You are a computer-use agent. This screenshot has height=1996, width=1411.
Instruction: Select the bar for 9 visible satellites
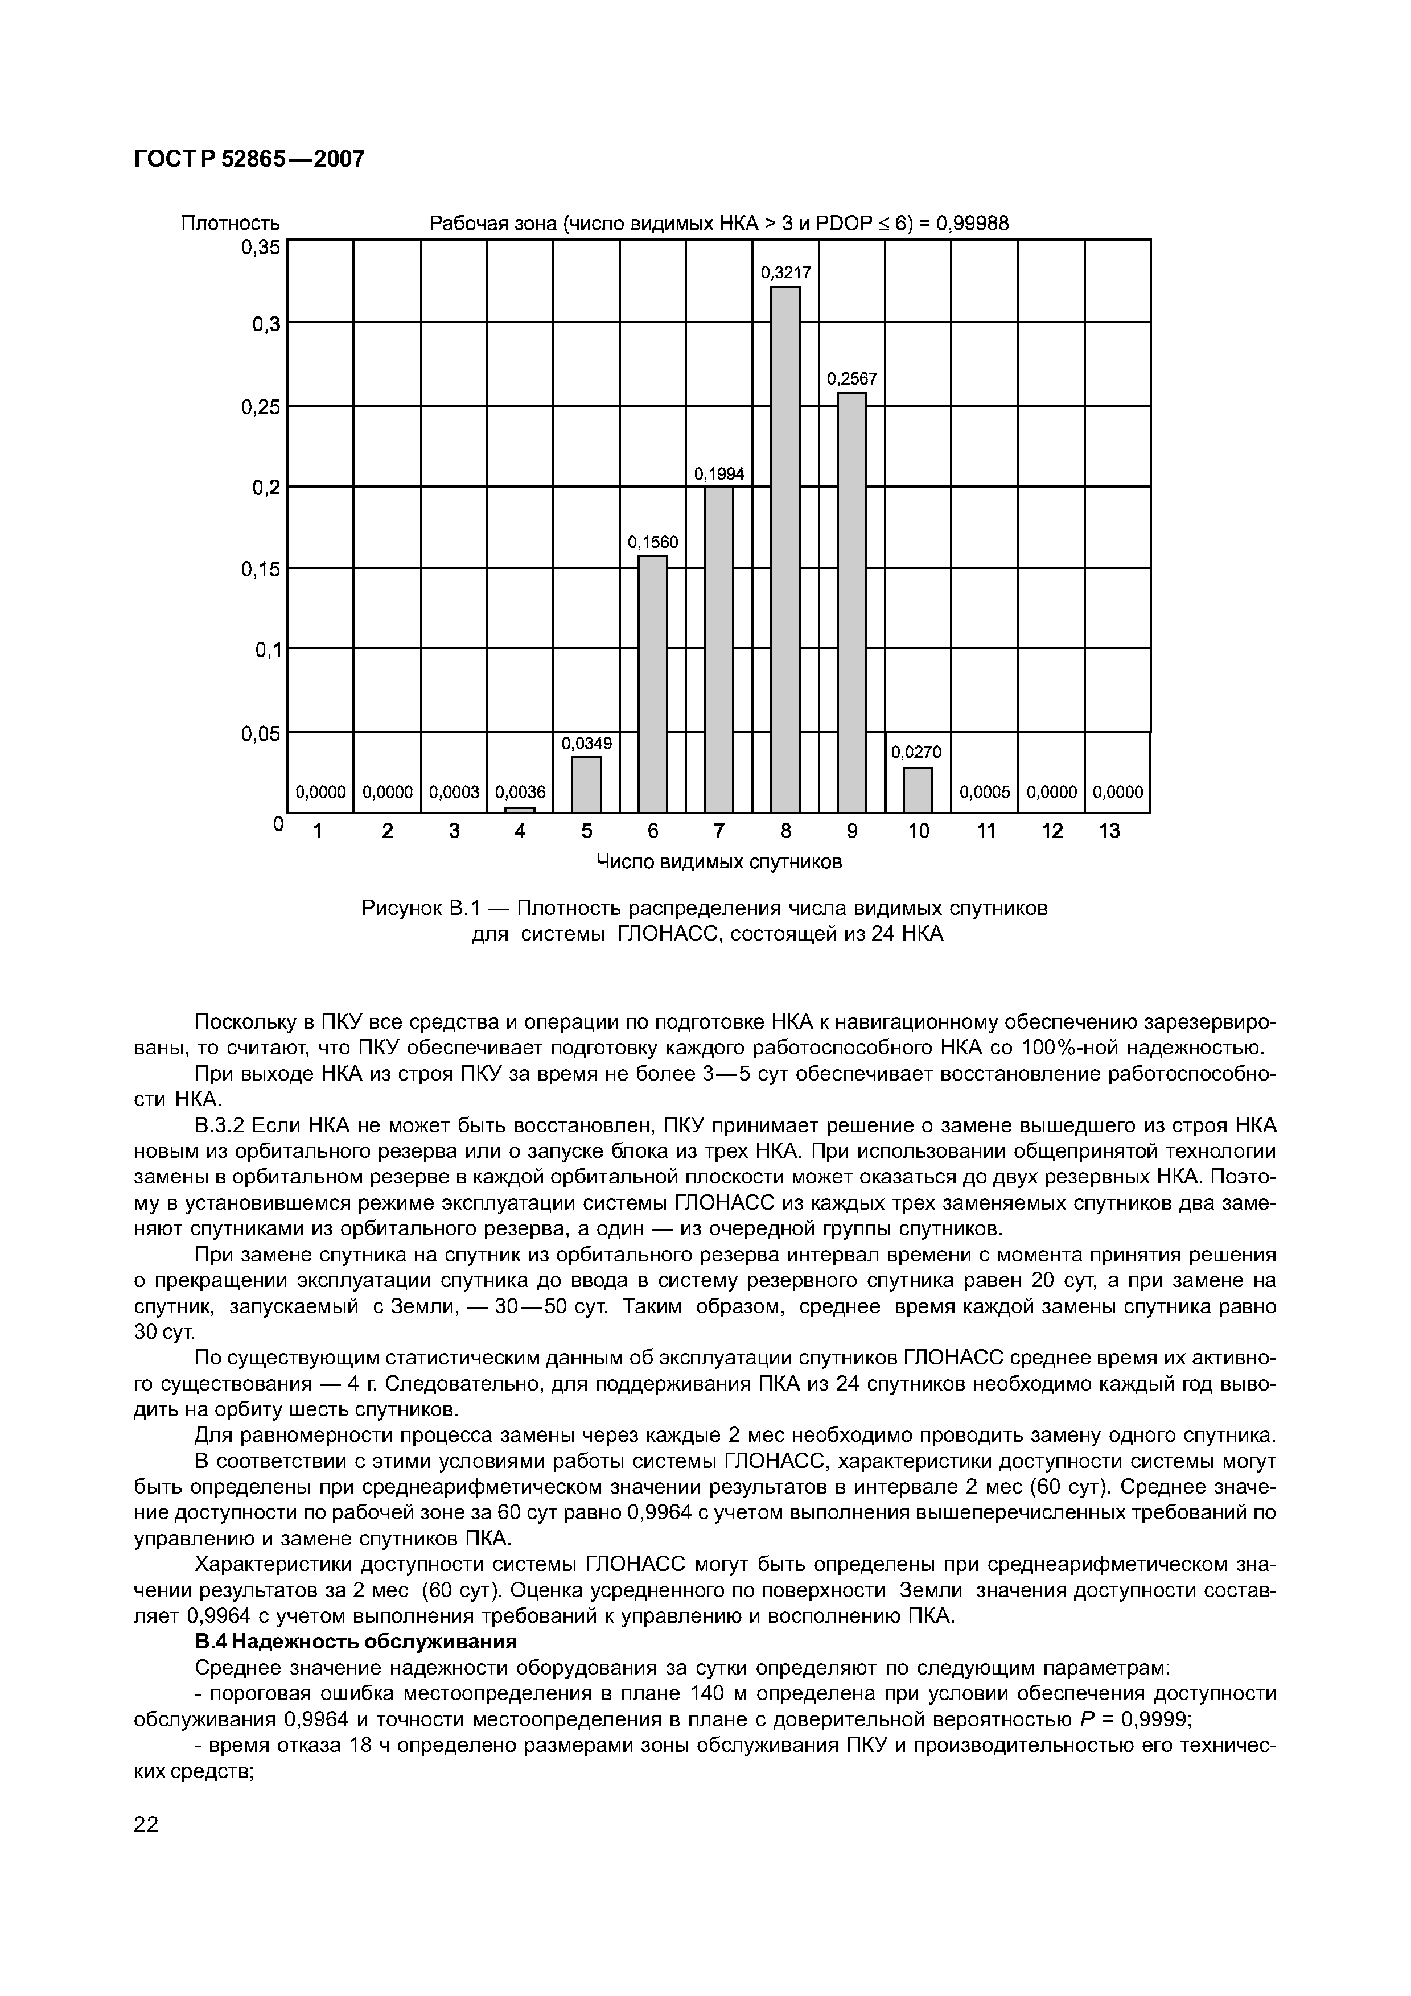(x=852, y=603)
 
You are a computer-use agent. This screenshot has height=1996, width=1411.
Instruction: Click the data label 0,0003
(x=454, y=792)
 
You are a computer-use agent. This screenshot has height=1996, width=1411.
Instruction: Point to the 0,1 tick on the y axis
(x=267, y=649)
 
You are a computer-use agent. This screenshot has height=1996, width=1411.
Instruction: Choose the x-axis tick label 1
(x=318, y=831)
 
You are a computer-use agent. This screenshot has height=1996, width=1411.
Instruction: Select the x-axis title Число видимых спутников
(x=718, y=861)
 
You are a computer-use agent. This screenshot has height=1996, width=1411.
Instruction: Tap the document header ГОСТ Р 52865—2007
(x=249, y=159)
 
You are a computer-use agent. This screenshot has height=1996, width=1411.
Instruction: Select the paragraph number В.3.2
(x=220, y=1126)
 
